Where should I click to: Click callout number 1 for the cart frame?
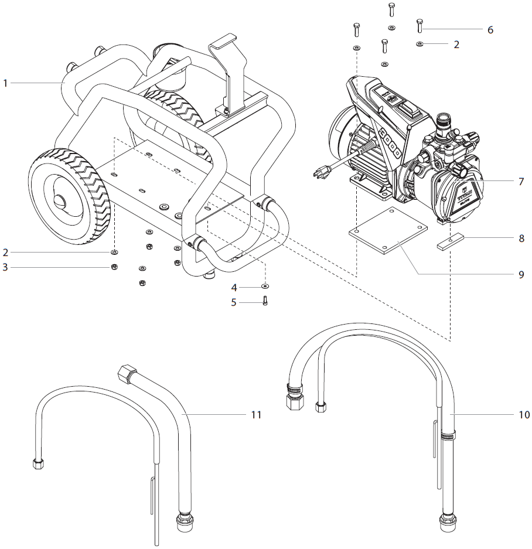tap(5, 83)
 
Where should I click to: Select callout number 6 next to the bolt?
tap(490, 29)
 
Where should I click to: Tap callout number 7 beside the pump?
tap(520, 181)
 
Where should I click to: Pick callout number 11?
tap(255, 414)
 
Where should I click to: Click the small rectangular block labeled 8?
tap(450, 243)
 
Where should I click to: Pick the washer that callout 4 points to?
tap(265, 287)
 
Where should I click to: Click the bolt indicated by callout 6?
tap(420, 25)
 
